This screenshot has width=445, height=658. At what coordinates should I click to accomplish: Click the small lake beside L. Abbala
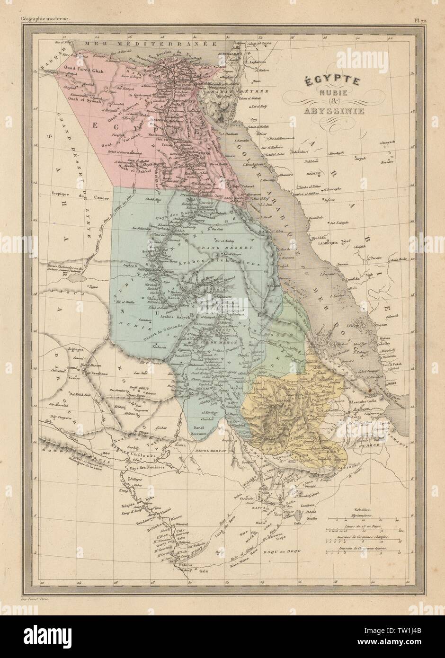point(297,524)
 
